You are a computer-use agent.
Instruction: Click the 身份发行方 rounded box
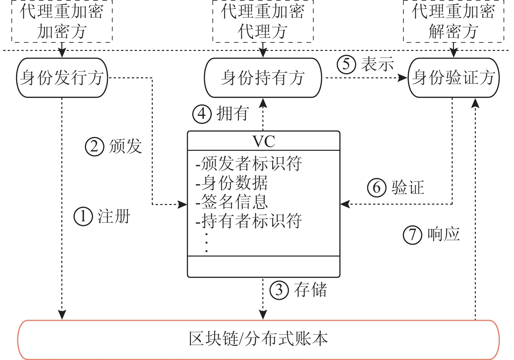point(62,78)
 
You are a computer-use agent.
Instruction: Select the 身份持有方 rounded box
point(263,78)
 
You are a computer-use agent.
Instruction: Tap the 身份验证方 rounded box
point(453,78)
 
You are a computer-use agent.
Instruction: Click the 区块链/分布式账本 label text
point(258,339)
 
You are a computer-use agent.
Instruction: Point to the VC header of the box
point(264,141)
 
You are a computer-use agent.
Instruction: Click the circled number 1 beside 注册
point(83,216)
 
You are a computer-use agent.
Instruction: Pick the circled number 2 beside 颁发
point(94,146)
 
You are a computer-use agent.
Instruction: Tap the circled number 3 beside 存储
point(279,290)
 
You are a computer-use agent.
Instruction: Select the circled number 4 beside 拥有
point(202,114)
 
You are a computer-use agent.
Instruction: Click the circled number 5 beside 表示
point(346,64)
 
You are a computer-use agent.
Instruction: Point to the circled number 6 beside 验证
point(377,188)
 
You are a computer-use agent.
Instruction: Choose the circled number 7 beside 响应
point(413,235)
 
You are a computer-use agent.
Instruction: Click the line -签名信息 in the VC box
point(232,202)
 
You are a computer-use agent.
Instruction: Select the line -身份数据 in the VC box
point(232,183)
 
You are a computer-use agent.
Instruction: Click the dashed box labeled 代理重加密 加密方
point(62,21)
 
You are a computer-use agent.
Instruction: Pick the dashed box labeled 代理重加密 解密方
point(453,21)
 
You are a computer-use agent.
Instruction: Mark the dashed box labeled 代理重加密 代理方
point(263,21)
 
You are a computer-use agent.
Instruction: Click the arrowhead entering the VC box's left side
point(183,205)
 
